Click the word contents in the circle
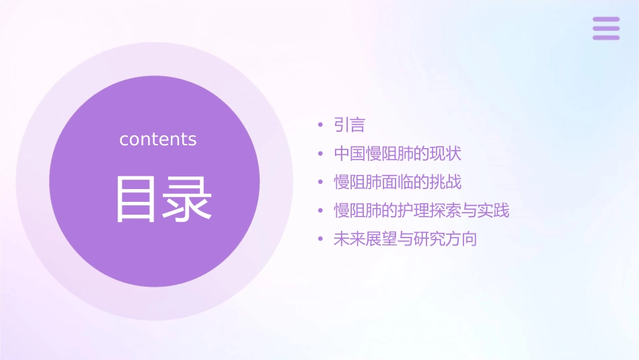tap(158, 139)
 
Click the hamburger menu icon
tap(606, 28)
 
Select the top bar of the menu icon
tap(606, 20)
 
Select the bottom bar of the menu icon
tap(606, 38)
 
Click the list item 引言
tap(349, 125)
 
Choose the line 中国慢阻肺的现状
tap(398, 153)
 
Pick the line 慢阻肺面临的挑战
tap(398, 182)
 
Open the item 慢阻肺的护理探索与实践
tap(422, 211)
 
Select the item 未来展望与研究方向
tap(405, 240)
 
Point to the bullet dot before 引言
tap(321, 125)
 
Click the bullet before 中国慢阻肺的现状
tap(321, 154)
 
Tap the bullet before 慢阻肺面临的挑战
tap(321, 182)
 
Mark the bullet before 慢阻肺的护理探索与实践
tap(321, 211)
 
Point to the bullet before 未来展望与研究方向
tap(321, 240)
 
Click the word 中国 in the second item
tap(350, 153)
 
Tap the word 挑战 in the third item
tap(445, 182)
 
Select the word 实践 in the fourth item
tap(494, 211)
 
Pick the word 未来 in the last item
tap(350, 240)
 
